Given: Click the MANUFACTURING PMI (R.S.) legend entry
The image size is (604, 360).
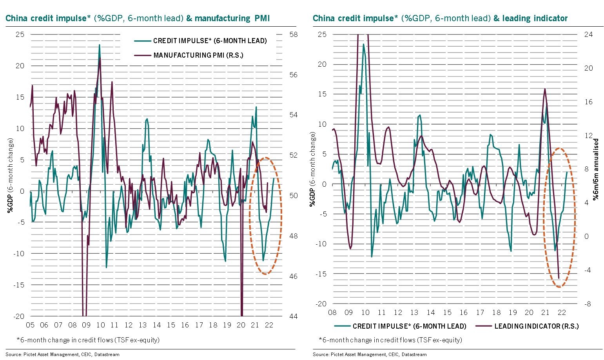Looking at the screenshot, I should tap(198, 55).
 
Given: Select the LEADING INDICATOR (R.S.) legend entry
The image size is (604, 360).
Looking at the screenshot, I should tap(536, 326).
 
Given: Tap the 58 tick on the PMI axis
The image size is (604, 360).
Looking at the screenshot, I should tap(293, 35).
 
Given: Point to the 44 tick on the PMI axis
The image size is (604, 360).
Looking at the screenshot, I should tap(293, 316).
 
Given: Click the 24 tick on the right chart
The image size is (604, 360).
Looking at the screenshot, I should tap(589, 35).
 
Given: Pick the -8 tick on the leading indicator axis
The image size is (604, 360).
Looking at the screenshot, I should tap(587, 304).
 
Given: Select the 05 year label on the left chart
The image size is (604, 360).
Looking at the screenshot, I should tap(30, 325).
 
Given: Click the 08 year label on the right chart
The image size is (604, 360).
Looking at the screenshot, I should tap(332, 313).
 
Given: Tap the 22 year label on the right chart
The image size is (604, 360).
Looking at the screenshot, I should tap(561, 313).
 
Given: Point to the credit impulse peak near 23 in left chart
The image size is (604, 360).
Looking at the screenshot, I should tap(99, 45).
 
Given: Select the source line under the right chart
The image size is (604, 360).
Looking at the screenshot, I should tap(370, 355).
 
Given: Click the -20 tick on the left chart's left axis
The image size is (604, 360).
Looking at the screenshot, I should tap(19, 316).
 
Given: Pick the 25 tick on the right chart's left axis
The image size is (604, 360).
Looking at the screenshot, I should tap(322, 35).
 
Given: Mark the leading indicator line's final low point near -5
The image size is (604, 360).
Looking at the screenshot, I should tap(559, 278).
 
